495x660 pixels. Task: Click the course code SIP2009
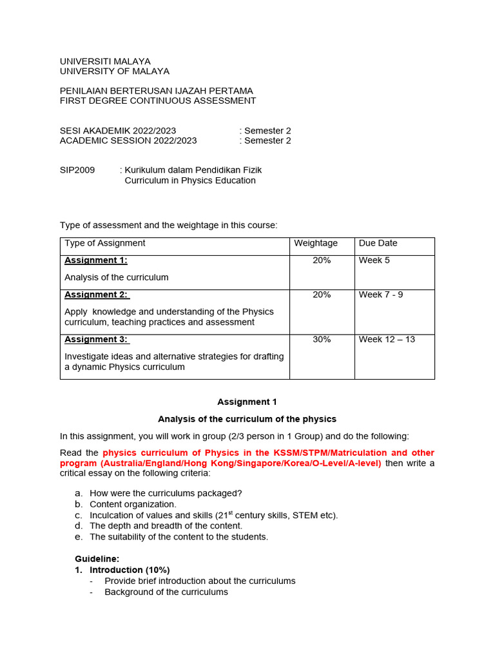tap(77, 170)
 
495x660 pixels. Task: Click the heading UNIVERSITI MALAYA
tap(105, 61)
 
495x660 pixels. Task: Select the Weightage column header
tap(316, 243)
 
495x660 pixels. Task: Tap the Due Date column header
tap(378, 243)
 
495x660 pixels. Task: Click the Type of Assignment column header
tap(105, 243)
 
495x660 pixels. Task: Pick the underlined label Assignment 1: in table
tap(96, 260)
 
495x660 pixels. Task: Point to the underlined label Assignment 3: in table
tap(96, 340)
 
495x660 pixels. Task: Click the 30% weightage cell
tap(322, 340)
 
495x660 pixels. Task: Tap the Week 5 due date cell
tap(374, 260)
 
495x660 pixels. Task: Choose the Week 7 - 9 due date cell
tap(381, 295)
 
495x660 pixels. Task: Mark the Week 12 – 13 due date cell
tap(387, 340)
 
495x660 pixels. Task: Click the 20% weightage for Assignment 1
tap(322, 260)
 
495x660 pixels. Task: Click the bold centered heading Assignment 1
tap(247, 402)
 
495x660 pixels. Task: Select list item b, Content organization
tap(133, 504)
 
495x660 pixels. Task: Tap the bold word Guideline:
tap(97, 559)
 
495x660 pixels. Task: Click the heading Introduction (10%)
tap(130, 570)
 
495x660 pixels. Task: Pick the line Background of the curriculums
tap(166, 592)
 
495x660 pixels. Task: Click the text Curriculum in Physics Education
tap(190, 180)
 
